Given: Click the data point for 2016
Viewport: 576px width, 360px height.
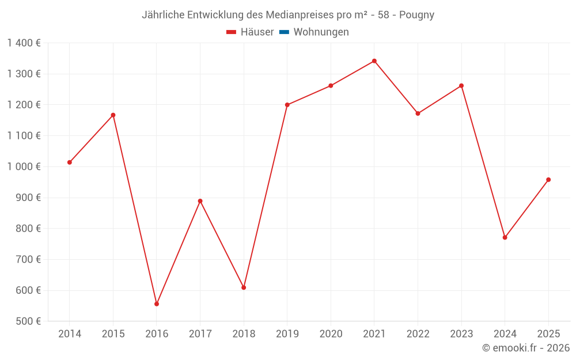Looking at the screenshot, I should click(x=157, y=304).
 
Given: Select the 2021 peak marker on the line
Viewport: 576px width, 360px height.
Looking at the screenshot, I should click(x=374, y=61).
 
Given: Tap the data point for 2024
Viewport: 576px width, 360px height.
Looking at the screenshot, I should click(x=505, y=237).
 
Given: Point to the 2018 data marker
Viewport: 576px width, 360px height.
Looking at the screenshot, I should click(x=244, y=287).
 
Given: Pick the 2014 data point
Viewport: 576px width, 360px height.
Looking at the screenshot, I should click(x=70, y=162).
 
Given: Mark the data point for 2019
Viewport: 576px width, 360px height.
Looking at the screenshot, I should click(x=287, y=105).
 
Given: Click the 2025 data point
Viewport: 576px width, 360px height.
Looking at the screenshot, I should click(x=548, y=180).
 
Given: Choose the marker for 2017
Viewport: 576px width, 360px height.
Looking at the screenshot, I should click(x=200, y=201).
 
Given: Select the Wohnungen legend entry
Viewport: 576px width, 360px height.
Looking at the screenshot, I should click(x=321, y=32).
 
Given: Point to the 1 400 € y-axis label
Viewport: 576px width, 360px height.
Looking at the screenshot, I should click(x=24, y=43).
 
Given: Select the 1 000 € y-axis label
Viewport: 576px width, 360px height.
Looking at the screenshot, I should click(x=24, y=166).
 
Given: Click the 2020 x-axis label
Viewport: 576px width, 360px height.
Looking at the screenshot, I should click(x=331, y=334).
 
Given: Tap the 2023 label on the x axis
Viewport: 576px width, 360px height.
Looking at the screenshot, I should click(x=461, y=334).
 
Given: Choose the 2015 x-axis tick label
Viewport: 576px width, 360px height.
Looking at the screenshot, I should click(x=113, y=334).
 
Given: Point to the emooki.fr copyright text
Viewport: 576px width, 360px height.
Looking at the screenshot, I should click(x=526, y=348).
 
